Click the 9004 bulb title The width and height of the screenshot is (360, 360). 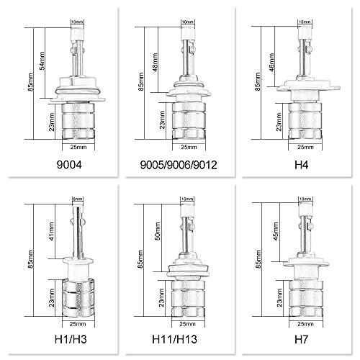coord(69,165)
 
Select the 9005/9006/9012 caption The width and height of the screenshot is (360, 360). coord(179,165)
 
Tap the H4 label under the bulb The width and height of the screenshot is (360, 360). coord(301,165)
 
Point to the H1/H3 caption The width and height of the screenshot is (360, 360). coord(71,339)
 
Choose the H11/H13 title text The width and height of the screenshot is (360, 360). coord(175,339)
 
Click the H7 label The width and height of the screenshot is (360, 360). coord(301,339)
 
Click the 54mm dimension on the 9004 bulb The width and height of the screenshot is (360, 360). coord(42,60)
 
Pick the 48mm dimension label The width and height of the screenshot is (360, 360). coord(155,63)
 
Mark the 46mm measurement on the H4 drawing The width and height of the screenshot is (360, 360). coord(271,62)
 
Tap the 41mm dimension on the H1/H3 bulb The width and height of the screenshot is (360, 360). coord(51,232)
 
